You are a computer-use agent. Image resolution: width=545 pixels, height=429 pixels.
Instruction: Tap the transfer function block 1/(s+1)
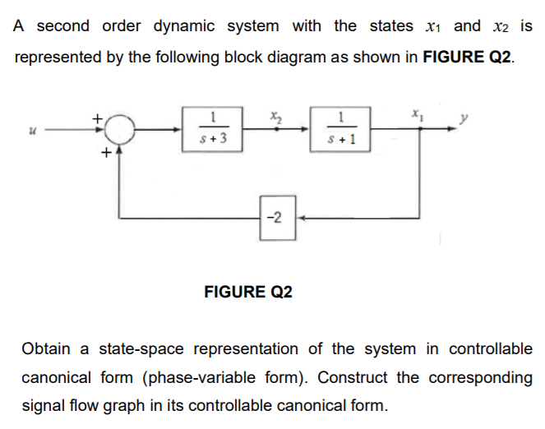339,130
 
